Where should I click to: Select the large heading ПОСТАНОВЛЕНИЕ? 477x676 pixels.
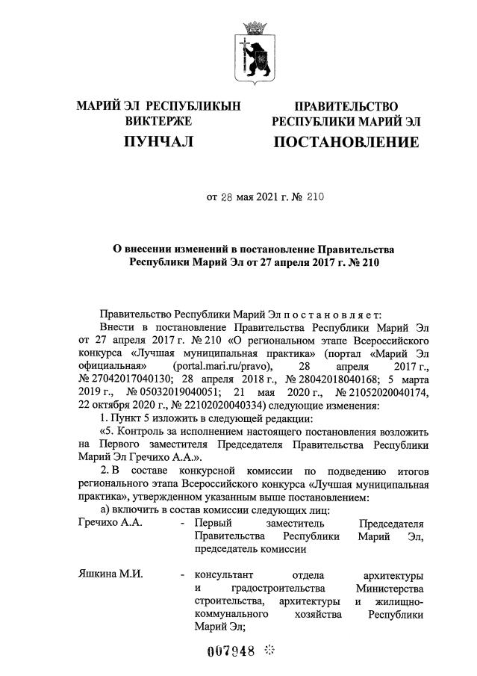pyautogui.click(x=346, y=142)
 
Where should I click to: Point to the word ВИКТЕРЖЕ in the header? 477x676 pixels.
pyautogui.click(x=158, y=121)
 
